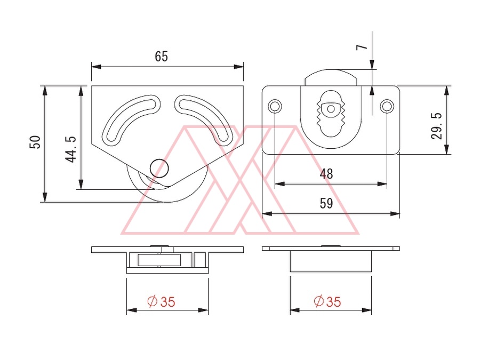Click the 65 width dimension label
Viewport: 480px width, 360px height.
(x=161, y=57)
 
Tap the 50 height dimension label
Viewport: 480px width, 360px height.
(x=35, y=142)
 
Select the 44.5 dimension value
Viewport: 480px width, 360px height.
(x=71, y=149)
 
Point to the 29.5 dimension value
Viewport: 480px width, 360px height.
(x=436, y=126)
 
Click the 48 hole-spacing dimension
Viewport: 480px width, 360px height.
(x=326, y=174)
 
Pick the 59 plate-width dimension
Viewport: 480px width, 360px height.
(x=326, y=203)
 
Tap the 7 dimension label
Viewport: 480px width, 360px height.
(x=362, y=47)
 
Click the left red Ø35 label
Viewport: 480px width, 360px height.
(x=161, y=301)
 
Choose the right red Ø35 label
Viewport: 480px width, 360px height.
(x=327, y=301)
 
